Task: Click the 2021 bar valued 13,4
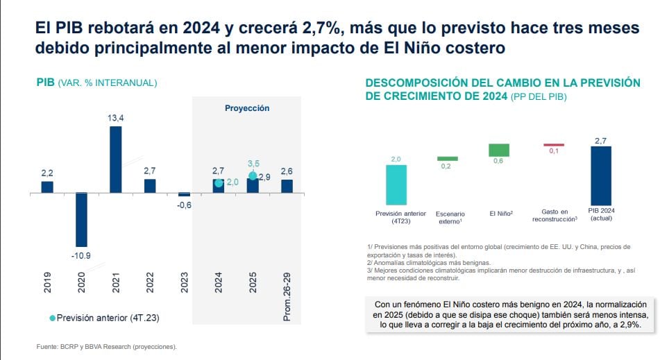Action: [x=115, y=159]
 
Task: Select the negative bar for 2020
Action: [x=81, y=219]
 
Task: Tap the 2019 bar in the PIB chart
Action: [x=47, y=187]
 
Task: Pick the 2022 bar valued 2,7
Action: [x=150, y=185]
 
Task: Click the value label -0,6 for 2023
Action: [x=184, y=205]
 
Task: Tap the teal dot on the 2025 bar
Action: [x=253, y=175]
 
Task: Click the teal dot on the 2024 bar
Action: [x=219, y=182]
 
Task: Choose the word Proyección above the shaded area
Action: [x=246, y=108]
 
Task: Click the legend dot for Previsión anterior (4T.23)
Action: [x=53, y=318]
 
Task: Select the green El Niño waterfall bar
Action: [x=498, y=150]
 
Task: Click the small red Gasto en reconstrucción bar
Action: [x=553, y=145]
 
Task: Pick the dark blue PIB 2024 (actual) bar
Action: [x=600, y=175]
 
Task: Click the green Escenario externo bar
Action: [x=448, y=159]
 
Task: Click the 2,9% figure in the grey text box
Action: [x=627, y=324]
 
